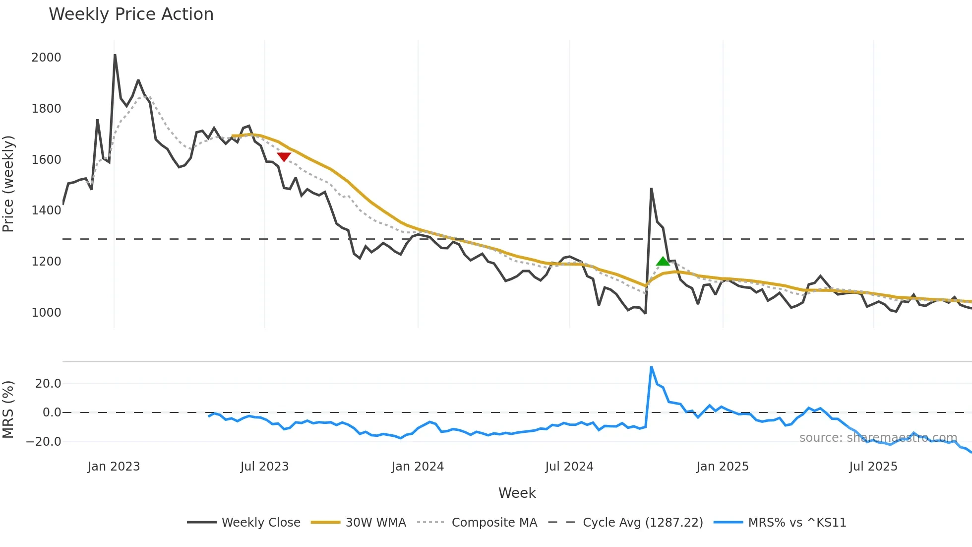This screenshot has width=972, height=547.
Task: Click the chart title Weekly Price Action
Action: click(x=131, y=14)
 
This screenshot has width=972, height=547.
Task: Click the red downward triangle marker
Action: click(x=284, y=157)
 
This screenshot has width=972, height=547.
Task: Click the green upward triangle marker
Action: click(x=663, y=261)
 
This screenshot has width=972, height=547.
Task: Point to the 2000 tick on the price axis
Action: click(x=46, y=58)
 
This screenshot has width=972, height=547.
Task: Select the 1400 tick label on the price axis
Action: click(x=46, y=210)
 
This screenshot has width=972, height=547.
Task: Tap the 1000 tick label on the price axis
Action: click(x=46, y=313)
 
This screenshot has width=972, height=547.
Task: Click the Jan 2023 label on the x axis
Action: click(x=114, y=467)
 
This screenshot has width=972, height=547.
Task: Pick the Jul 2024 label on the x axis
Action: click(x=569, y=467)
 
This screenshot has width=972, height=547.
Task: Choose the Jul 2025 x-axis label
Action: click(x=873, y=467)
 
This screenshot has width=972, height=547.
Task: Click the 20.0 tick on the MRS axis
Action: click(x=48, y=384)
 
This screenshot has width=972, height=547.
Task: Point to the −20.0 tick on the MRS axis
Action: click(x=44, y=442)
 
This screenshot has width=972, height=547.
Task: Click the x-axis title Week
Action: click(x=517, y=493)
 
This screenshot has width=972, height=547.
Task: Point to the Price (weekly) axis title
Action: click(x=8, y=184)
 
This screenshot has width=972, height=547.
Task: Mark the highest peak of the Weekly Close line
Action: click(x=115, y=55)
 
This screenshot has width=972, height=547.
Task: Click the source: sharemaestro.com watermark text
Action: click(x=878, y=438)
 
